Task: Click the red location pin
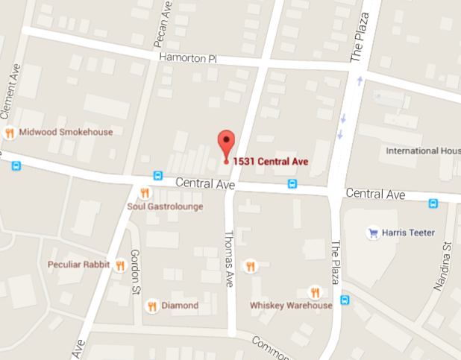226,142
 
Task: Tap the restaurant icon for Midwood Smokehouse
10,133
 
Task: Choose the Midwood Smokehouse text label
66,133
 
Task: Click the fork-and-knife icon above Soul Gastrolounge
145,193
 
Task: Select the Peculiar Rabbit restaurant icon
119,265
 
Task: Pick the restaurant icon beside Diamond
151,306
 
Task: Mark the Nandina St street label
448,265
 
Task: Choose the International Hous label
422,151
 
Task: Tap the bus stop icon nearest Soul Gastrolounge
157,175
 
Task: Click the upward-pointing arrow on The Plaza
360,80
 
